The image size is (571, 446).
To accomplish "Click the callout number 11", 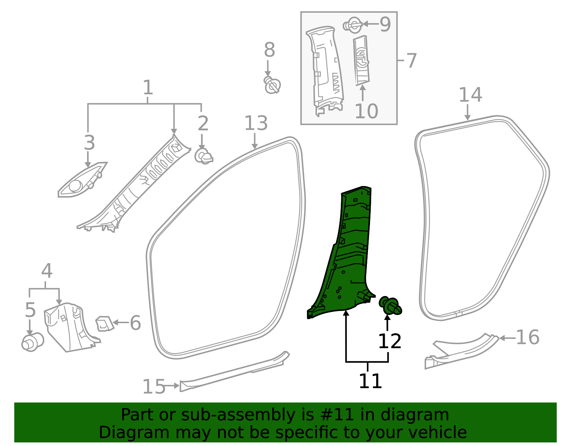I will (370, 381).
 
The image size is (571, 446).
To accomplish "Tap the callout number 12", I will (389, 342).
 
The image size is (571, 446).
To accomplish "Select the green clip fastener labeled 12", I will (390, 306).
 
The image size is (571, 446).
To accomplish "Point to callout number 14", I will (470, 95).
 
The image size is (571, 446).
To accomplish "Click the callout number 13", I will (256, 124).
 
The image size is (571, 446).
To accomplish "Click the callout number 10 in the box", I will (366, 111).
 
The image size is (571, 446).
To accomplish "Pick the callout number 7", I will (411, 61).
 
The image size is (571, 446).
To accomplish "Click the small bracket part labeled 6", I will (104, 324).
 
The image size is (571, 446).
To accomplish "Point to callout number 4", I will (47, 271).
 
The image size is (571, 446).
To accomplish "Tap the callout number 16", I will (527, 337).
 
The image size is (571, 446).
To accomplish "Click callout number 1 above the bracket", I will (148, 87).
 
